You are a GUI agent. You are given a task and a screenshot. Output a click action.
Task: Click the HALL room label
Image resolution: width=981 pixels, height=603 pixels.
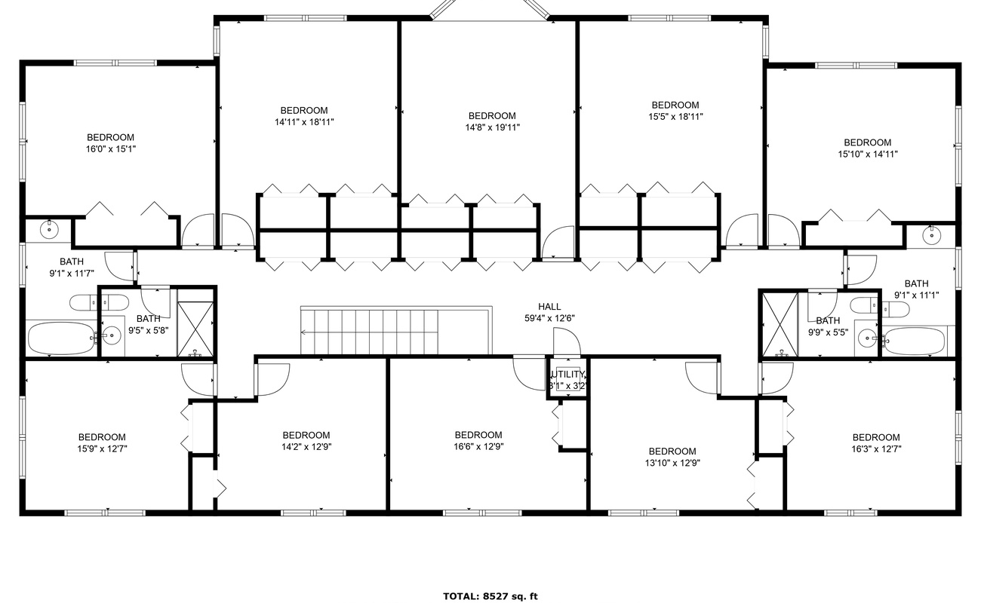549,307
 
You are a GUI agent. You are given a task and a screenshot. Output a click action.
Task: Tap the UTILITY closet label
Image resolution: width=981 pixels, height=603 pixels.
568,375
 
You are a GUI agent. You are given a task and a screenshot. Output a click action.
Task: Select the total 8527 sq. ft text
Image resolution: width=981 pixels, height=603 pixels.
490,596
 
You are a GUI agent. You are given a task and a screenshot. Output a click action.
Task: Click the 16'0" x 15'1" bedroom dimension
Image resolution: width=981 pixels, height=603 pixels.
111,149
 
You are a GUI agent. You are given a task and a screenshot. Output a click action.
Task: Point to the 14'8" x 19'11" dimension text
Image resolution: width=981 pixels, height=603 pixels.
492,127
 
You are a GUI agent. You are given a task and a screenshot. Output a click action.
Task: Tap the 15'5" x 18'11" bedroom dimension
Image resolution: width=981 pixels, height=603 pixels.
675,116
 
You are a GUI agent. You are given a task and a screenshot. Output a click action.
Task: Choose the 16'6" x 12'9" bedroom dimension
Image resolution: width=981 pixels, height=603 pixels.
478,446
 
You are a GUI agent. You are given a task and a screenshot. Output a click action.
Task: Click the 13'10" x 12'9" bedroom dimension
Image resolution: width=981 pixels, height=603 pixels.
672,463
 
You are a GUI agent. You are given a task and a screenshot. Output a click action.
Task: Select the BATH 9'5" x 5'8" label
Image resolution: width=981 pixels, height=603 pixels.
149,324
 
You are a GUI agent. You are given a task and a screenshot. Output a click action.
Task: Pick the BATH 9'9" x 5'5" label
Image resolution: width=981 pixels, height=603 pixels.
828,326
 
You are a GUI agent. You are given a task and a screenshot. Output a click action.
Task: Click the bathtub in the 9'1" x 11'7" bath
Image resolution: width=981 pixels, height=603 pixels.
61,339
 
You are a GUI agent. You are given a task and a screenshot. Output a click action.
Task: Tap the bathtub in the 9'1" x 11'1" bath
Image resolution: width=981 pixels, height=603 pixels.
914,341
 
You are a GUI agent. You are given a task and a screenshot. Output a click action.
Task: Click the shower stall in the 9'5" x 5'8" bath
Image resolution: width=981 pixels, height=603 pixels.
195,323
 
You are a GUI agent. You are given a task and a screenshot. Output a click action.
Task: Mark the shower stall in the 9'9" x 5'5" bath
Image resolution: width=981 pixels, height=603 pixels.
780,324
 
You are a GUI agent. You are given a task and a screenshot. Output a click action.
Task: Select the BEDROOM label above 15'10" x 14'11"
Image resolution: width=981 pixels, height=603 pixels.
868,142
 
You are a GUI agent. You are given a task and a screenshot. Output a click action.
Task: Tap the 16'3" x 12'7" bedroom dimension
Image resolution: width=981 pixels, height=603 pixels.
876,448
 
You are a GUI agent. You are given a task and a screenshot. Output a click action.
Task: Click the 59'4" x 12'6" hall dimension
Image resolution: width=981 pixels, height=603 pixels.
549,318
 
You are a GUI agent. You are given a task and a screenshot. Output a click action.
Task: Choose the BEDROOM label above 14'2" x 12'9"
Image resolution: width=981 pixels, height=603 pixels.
306,436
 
